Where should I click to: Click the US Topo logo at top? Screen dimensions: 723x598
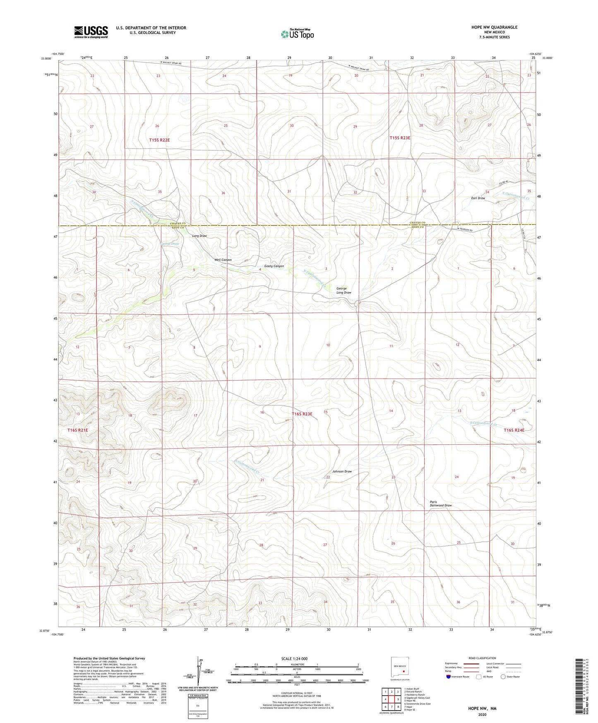pos(297,34)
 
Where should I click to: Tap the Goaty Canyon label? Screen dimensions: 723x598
pos(274,266)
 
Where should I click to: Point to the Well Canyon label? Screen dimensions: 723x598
pos(223,260)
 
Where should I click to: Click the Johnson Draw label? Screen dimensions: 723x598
pos(342,472)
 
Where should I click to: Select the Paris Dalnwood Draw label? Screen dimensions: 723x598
pos(440,504)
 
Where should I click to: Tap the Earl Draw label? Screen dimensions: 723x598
pos(478,198)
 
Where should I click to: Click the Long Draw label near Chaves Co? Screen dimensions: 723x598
pos(199,236)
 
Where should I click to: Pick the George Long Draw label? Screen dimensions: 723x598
pos(343,290)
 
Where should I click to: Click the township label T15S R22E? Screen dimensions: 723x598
pos(159,140)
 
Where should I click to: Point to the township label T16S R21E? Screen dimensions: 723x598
pos(78,430)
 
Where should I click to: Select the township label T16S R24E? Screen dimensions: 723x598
pos(514,430)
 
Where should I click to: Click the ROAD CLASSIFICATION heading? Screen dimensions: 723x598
pos(482,658)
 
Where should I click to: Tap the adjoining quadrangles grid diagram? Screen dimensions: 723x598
pos(391,699)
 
